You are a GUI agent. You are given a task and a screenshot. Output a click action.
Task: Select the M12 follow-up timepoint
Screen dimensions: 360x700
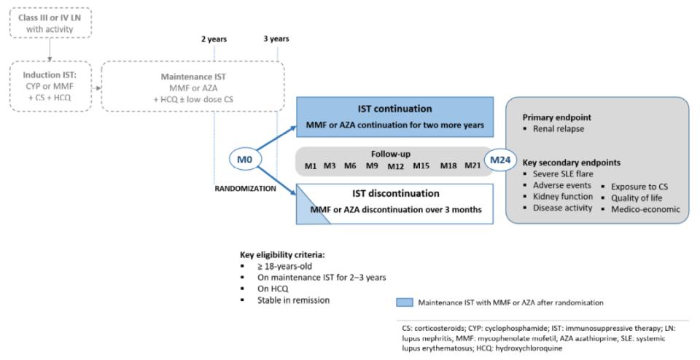coord(395,167)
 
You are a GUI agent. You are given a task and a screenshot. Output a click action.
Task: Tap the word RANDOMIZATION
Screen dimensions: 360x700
coord(244,187)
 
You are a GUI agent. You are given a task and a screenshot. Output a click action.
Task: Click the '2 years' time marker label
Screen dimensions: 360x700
coord(214,39)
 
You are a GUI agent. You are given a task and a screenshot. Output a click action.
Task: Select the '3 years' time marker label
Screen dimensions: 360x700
coord(276,39)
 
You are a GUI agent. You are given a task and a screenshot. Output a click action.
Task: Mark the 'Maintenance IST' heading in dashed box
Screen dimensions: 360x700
coord(192,77)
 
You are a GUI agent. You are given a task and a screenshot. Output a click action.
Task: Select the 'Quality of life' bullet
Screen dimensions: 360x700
coord(638,197)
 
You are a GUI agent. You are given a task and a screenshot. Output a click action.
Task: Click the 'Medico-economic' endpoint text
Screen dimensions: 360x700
coord(645,210)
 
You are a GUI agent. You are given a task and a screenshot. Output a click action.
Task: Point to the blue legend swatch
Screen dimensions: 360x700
coord(405,301)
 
